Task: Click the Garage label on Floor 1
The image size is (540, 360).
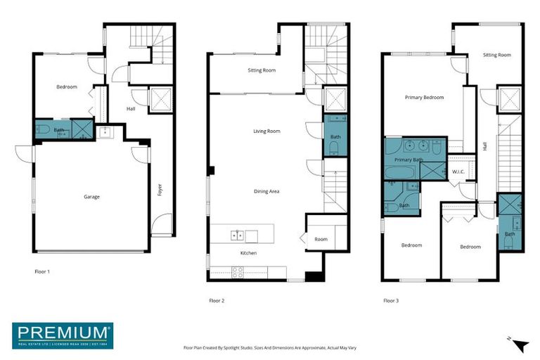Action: tap(91, 197)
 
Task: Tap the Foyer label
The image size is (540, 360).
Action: tap(160, 190)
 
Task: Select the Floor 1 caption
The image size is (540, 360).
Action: tap(42, 271)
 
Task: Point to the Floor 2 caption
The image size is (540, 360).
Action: tap(217, 300)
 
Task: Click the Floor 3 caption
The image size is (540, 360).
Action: tap(391, 300)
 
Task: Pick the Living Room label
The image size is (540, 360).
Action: tap(267, 131)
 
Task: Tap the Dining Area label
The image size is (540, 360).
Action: tap(267, 191)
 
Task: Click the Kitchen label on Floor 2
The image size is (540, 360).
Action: tap(249, 252)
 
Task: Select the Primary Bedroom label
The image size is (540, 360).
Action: tap(424, 98)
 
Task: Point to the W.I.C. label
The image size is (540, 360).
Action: tap(459, 172)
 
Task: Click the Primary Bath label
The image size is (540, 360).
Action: tap(408, 160)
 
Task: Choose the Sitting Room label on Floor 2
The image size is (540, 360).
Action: tap(262, 70)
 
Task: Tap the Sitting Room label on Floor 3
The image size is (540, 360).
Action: tap(496, 54)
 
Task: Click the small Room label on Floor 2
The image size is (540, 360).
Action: tap(321, 239)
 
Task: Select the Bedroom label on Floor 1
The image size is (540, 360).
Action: tap(67, 87)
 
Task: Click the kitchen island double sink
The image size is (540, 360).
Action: tap(238, 235)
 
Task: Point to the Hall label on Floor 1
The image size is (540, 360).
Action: tap(131, 109)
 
